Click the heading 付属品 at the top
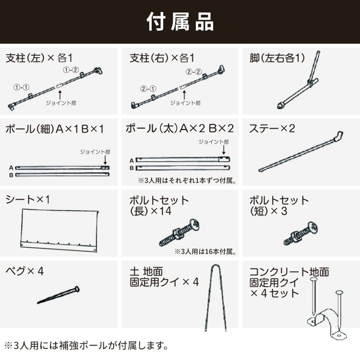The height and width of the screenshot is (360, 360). pyautogui.click(x=180, y=22)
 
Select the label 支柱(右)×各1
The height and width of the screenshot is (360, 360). pyautogui.click(x=162, y=58)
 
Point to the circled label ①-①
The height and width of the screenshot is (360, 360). pyautogui.click(x=21, y=88)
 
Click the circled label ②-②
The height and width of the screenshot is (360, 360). pyautogui.click(x=193, y=72)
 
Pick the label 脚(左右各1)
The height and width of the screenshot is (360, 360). pyautogui.click(x=277, y=58)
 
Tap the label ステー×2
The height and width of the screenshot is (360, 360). pyautogui.click(x=272, y=129)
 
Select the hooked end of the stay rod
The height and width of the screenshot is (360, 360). pyautogui.click(x=338, y=136)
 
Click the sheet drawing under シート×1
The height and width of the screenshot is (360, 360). pyautogui.click(x=60, y=230)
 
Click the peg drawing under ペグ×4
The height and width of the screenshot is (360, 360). pyautogui.click(x=58, y=296)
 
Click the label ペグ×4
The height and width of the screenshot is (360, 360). pyautogui.click(x=25, y=271)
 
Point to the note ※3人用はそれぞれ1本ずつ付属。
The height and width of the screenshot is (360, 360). pyautogui.click(x=189, y=181)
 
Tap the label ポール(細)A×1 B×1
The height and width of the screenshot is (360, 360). pyautogui.click(x=54, y=129)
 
